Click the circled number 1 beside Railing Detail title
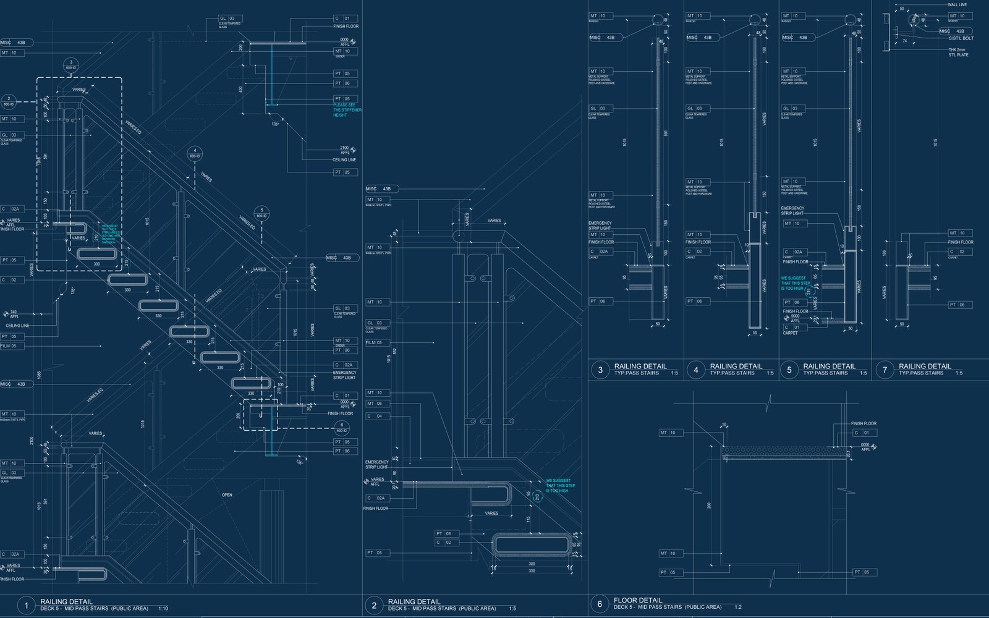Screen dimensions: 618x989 26,606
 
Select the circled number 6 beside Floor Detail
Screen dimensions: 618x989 599,604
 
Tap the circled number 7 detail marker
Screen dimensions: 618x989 885,370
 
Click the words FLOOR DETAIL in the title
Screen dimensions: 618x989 637,600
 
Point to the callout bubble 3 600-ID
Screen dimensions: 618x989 71,65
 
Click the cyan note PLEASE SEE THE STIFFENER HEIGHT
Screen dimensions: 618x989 347,110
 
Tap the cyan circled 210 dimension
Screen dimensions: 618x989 537,496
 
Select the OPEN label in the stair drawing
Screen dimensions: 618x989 227,495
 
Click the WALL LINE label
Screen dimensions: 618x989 957,5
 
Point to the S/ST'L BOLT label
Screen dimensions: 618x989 961,38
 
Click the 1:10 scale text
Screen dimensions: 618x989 163,609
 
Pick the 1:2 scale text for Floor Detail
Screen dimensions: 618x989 737,607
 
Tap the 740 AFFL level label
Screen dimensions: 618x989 14,315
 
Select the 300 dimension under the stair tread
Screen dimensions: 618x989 532,564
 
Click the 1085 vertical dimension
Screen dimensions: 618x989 39,375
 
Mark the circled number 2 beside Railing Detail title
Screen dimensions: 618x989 373,606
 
